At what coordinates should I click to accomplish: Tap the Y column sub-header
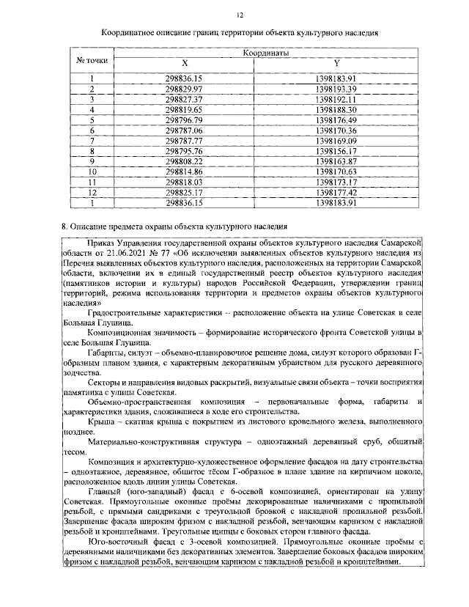(x=336, y=64)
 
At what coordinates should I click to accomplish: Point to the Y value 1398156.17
(x=336, y=150)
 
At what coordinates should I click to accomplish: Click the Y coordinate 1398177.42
(x=336, y=191)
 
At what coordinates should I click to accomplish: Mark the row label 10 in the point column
(x=92, y=171)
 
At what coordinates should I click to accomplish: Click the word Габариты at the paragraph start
(x=106, y=353)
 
